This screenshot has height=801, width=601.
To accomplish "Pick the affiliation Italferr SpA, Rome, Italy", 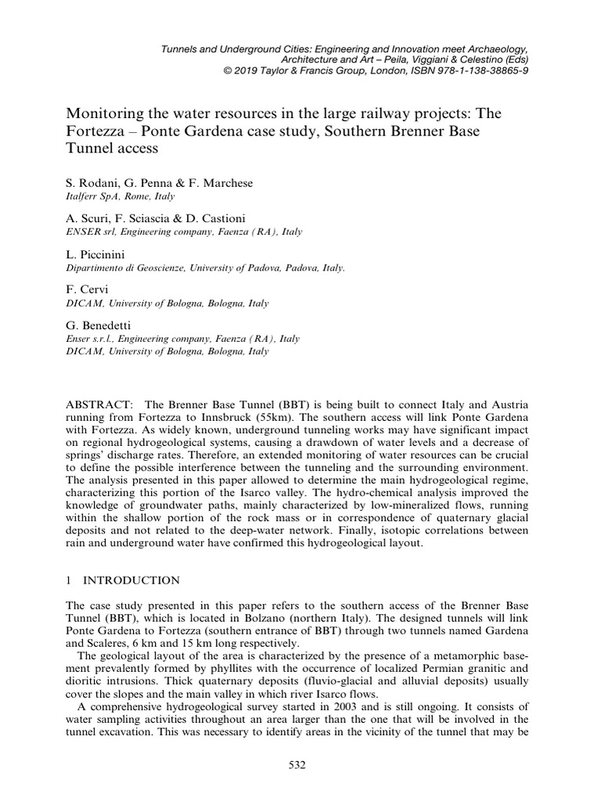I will click(121, 196).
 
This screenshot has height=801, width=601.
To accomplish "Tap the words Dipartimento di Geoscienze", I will click(124, 267).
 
